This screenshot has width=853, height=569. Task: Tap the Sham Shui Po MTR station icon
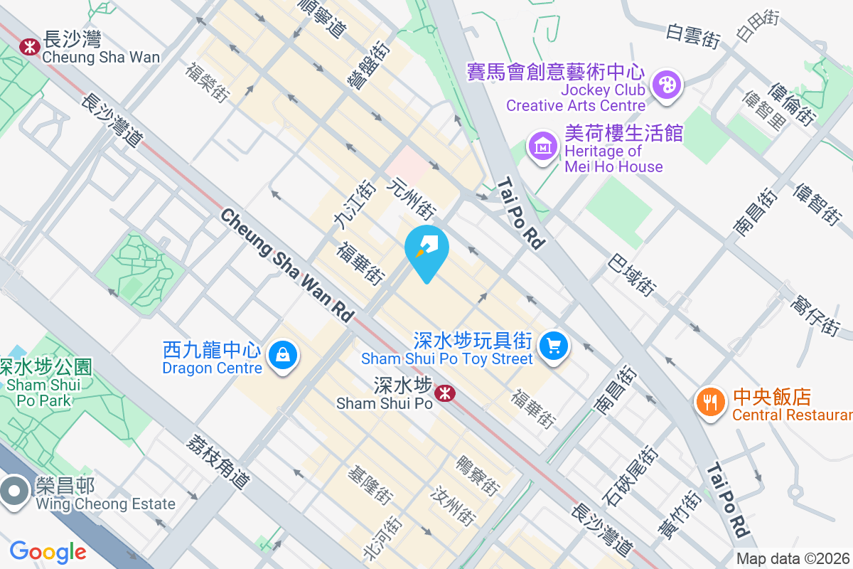pos(446,393)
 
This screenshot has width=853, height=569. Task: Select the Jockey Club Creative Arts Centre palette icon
pos(666,85)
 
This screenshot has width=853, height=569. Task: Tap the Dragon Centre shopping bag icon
pos(283,353)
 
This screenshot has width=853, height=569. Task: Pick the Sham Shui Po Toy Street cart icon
pos(554,346)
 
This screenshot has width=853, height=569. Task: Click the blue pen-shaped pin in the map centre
pos(426,249)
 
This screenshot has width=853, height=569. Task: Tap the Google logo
pos(48,551)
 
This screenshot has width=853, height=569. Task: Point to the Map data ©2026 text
pos(793,558)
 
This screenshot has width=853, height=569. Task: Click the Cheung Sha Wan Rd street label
pos(287,265)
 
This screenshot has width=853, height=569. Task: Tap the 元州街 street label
pos(410,198)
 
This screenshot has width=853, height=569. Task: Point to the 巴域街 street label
pos(631,276)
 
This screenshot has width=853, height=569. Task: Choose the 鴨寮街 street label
pos(478,476)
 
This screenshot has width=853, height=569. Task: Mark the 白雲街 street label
pos(693,36)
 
